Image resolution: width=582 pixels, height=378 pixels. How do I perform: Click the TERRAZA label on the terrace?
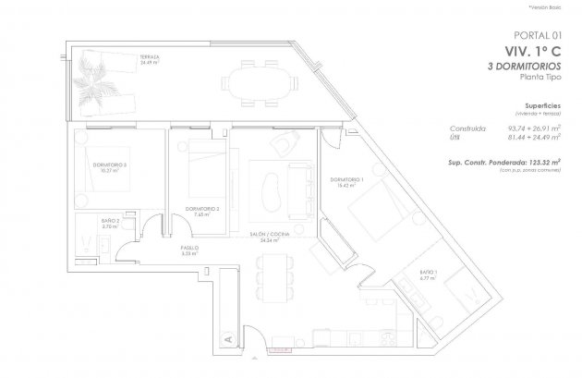150,56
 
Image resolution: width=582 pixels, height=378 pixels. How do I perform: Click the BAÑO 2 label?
111,224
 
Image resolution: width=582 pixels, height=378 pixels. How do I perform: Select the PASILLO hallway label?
190,250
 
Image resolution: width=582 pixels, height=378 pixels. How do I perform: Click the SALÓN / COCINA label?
270,238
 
